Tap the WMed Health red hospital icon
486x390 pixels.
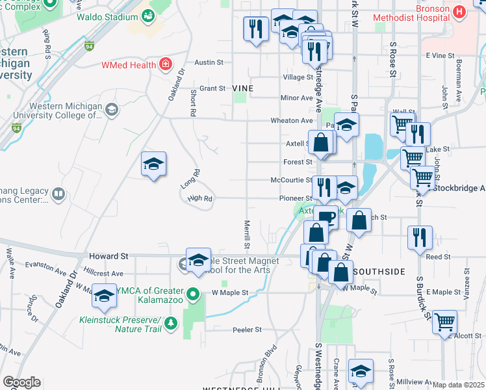[166, 64]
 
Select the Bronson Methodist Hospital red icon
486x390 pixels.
[459, 11]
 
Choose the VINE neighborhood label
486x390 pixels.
[242, 88]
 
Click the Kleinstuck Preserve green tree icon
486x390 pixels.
[171, 322]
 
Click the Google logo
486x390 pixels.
[21, 382]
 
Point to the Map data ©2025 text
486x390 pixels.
[458, 385]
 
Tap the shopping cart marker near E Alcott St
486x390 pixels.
[444, 321]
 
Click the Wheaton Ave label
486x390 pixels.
[297, 120]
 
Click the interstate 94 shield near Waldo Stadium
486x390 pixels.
[89, 45]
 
